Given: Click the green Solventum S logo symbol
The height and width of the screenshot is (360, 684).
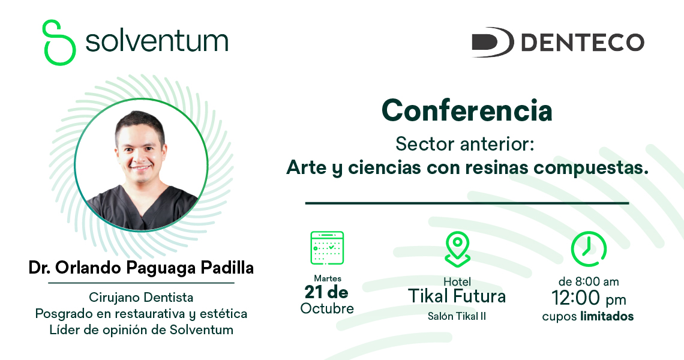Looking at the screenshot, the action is click(58, 43).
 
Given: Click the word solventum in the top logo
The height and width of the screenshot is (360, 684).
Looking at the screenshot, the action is click(157, 41).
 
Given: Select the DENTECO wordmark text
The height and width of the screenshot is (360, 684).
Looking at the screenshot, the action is click(583, 43).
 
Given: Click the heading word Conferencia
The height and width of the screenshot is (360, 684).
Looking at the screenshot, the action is click(467, 110).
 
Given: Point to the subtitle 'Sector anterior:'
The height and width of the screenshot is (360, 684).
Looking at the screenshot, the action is click(464, 144).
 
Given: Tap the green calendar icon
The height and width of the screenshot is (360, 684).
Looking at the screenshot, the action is click(327, 248).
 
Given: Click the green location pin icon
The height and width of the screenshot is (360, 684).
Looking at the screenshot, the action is click(457, 249).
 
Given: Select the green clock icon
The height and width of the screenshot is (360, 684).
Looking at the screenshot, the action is click(589, 249).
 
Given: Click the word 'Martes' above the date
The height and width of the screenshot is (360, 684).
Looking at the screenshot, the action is click(328, 278).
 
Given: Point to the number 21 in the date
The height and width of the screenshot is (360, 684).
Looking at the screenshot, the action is click(314, 292).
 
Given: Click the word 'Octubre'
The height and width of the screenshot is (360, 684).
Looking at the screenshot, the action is click(327, 308).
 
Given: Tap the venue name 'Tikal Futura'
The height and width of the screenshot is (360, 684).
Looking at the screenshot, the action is click(457, 296).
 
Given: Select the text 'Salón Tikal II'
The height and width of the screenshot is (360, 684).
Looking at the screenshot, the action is click(457, 316).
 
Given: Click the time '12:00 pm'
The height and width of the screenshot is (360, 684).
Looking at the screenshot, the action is click(589, 298).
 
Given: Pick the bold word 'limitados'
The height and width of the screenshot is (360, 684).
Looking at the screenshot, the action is click(607, 316).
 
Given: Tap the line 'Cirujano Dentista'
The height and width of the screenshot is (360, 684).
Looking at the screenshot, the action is click(141, 298).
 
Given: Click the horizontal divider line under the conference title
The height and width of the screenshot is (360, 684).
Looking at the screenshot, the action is click(467, 203).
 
